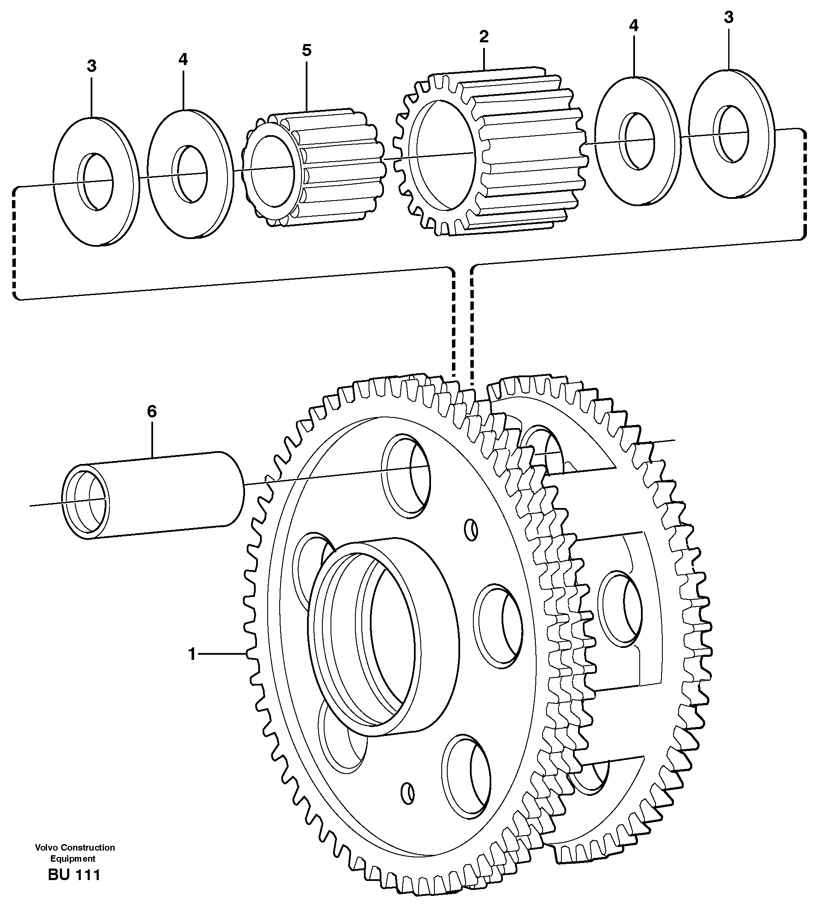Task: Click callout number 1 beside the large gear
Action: tap(192, 654)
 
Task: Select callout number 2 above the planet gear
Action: tap(484, 37)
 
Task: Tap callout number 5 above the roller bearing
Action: tap(307, 50)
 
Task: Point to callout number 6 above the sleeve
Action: tap(152, 411)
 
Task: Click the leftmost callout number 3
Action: tap(92, 66)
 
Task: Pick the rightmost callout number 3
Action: tap(729, 18)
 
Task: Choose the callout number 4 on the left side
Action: tap(183, 59)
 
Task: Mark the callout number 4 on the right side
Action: tap(634, 26)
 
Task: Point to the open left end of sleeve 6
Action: tap(86, 502)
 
